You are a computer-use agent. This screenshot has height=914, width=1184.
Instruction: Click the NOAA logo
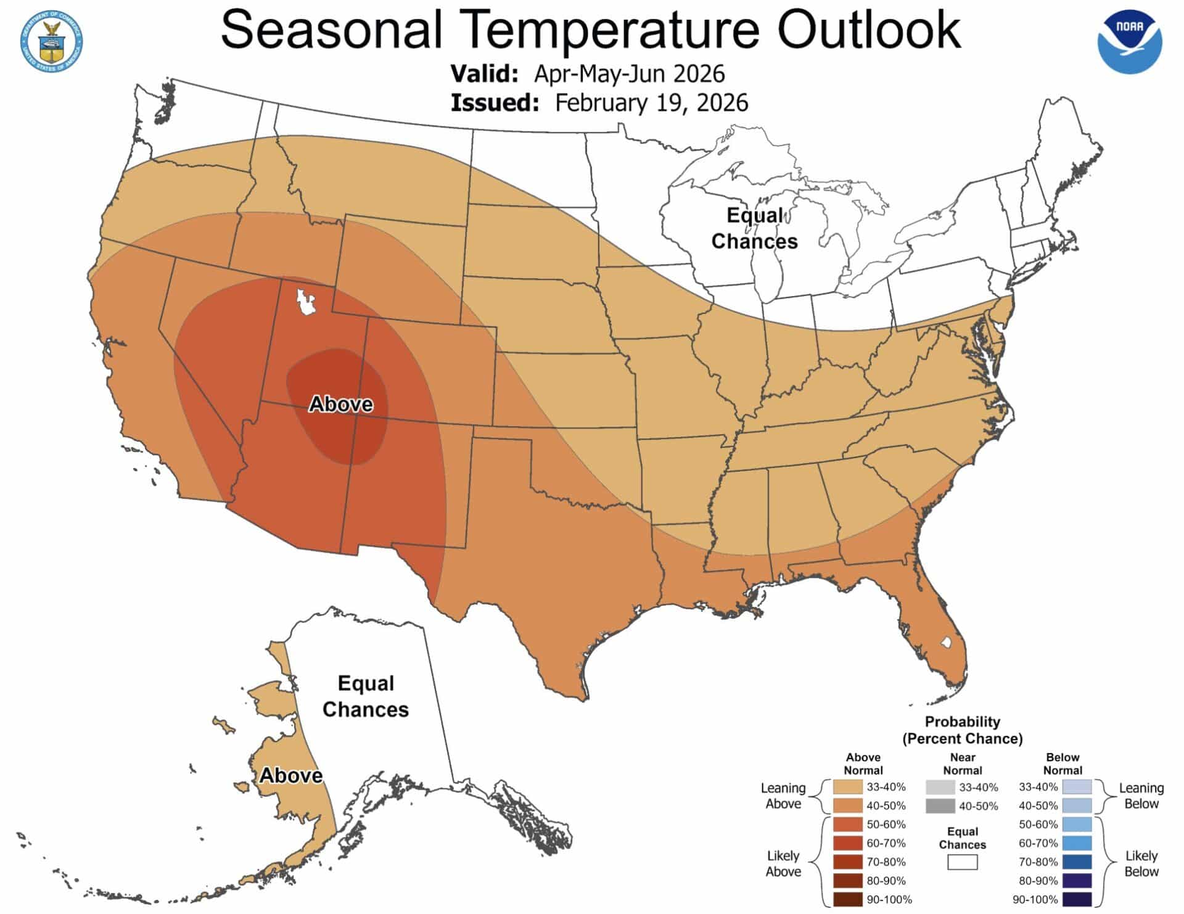click(x=1129, y=41)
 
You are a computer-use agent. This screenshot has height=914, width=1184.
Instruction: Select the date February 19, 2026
click(x=651, y=102)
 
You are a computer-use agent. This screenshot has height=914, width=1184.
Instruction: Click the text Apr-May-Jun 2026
click(x=629, y=73)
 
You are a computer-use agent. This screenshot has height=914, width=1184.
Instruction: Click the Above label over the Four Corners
click(x=340, y=404)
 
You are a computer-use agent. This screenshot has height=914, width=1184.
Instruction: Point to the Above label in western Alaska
click(x=290, y=775)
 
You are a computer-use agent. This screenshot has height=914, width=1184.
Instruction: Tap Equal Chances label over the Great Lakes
click(x=754, y=228)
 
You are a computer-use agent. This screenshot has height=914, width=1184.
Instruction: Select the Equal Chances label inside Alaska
click(x=365, y=696)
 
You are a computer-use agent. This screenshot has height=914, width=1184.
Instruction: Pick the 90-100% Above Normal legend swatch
click(x=847, y=899)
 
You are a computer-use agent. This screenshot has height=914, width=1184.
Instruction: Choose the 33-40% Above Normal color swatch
click(x=847, y=787)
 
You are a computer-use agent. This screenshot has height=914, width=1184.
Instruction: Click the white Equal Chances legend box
click(x=962, y=862)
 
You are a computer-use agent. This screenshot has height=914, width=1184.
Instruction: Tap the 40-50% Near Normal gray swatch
click(x=940, y=805)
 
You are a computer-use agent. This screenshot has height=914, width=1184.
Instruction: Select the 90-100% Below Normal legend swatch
click(x=1077, y=899)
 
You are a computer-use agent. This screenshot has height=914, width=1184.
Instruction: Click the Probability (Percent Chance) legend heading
click(x=962, y=730)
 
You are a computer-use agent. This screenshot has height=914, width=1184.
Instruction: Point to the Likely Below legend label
click(x=1141, y=863)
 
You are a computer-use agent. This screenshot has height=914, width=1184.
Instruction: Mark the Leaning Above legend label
click(x=783, y=796)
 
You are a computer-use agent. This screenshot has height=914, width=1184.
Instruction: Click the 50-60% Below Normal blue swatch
click(x=1077, y=825)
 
